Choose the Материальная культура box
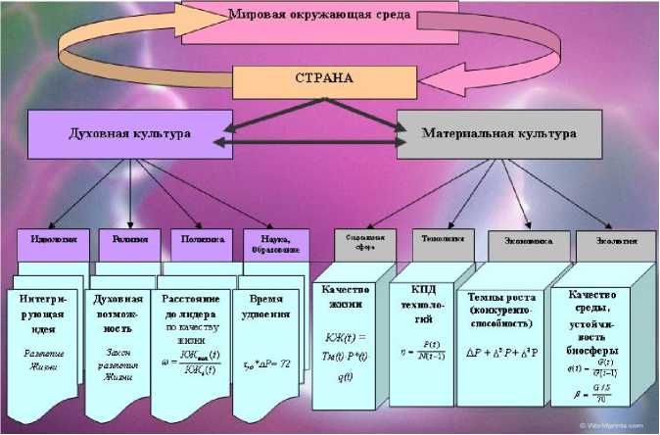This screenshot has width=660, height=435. [498, 131]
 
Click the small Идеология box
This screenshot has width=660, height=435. [53, 241]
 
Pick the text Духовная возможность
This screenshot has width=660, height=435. [118, 313]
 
